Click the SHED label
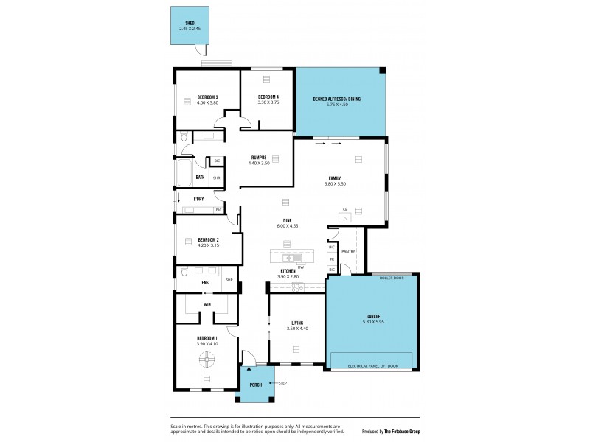pos(189,24)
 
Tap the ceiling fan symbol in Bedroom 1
pos(206,360)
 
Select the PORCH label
pos(254,385)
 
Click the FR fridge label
pos(332,259)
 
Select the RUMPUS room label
pos(258,156)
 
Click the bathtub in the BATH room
pos(181,177)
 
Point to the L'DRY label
pos(198,200)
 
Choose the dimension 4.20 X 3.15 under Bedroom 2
pos(206,246)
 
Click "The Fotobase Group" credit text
pos(402,431)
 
